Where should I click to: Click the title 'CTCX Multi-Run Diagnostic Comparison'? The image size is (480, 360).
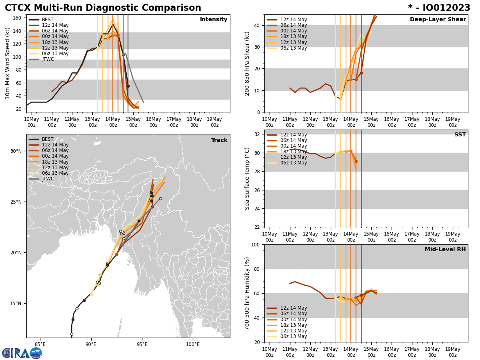103,8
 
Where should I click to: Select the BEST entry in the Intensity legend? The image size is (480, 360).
47,20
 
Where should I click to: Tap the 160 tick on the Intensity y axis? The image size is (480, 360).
18,18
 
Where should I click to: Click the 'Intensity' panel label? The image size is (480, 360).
214,20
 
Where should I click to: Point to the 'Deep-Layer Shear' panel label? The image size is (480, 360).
438,20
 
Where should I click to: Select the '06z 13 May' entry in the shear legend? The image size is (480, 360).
293,48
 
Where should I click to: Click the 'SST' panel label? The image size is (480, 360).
460,135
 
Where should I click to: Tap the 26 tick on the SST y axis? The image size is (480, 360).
257,190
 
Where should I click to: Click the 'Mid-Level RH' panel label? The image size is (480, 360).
445,250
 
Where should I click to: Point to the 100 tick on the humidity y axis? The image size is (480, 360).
255,244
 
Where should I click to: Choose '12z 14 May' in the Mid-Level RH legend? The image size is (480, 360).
293,308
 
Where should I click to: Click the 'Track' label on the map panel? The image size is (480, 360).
219,140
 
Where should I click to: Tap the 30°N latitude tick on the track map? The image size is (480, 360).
16,151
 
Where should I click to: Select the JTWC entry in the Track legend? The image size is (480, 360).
48,179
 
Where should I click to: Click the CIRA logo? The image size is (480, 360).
22,353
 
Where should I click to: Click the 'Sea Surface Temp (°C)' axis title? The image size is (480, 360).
247,178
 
